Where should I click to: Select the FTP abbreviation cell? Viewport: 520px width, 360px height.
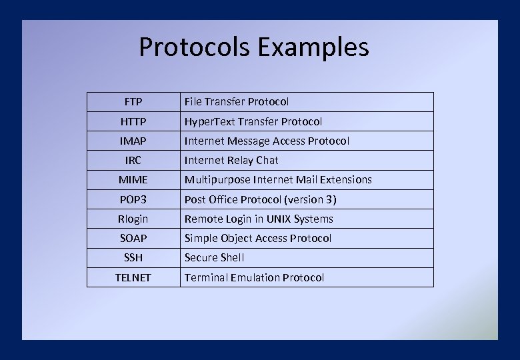pyautogui.click(x=133, y=102)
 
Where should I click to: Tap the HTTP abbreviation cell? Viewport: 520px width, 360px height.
pyautogui.click(x=133, y=121)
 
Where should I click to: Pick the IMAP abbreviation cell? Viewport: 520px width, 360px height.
pyautogui.click(x=133, y=141)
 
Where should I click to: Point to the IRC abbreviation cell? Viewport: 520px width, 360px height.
pyautogui.click(x=133, y=160)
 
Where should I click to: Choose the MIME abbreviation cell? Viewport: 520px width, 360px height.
pyautogui.click(x=133, y=179)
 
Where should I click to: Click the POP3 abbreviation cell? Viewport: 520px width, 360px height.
pyautogui.click(x=133, y=199)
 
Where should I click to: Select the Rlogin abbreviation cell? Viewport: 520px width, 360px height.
pyautogui.click(x=133, y=219)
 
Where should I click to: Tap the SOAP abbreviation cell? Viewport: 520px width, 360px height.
pyautogui.click(x=133, y=238)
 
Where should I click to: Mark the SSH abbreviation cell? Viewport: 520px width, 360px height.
pyautogui.click(x=133, y=257)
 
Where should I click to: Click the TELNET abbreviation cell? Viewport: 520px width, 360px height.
pyautogui.click(x=133, y=277)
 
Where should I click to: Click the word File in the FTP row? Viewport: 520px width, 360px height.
pyautogui.click(x=193, y=102)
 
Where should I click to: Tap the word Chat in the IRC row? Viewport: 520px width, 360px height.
pyautogui.click(x=267, y=160)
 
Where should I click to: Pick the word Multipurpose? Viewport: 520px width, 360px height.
pyautogui.click(x=214, y=179)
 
